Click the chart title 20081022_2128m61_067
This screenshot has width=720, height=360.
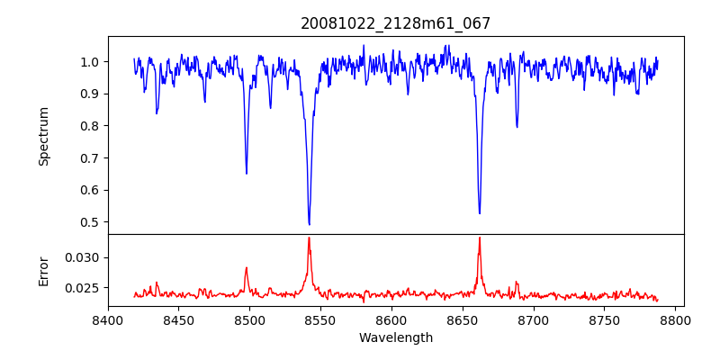[x=396, y=23]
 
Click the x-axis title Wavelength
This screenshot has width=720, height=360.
[x=396, y=338]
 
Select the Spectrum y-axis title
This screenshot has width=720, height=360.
[x=44, y=136]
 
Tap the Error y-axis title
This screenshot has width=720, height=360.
[x=44, y=270]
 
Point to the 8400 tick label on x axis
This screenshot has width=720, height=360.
[x=108, y=319]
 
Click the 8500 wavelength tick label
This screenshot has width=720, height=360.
[x=249, y=319]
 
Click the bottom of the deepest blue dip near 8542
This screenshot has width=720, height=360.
[x=309, y=224]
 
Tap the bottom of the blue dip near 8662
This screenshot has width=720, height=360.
[x=480, y=213]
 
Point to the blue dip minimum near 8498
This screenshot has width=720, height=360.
[x=247, y=173]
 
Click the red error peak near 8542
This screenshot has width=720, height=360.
[x=309, y=238]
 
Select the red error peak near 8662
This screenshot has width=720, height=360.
[x=480, y=238]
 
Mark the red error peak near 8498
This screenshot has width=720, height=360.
[x=247, y=267]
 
